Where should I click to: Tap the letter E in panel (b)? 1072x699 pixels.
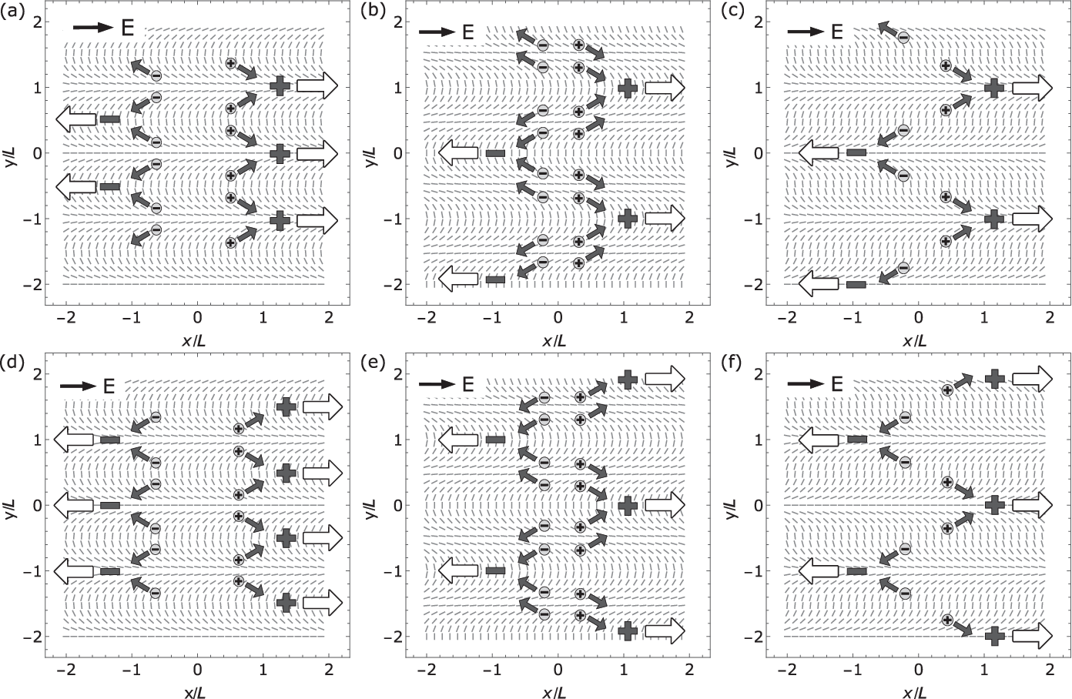[467, 32]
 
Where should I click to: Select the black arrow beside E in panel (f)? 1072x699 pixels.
[805, 383]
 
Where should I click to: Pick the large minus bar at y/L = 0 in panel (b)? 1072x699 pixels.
[495, 153]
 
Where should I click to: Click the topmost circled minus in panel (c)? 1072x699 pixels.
[903, 37]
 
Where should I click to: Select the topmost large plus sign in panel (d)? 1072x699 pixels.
[286, 406]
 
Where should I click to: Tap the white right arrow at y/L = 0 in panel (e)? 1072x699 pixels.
[664, 505]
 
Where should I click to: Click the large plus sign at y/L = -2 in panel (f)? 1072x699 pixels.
[994, 636]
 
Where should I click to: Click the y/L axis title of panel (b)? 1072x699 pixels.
[373, 153]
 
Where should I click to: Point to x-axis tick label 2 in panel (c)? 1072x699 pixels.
[1049, 316]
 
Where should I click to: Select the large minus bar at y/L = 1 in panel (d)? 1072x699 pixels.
[110, 440]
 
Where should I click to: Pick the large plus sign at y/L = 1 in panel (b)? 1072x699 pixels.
[628, 87]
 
